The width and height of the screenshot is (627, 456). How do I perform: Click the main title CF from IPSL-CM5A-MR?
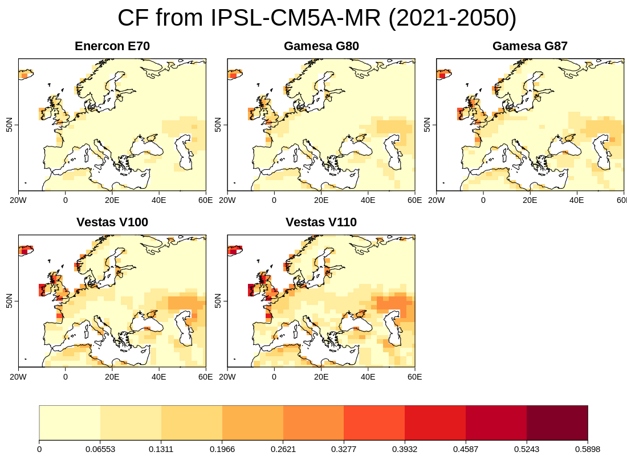pos(317,18)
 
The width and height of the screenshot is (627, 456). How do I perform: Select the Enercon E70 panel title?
pos(112,46)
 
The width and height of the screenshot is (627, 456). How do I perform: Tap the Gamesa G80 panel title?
pos(321,46)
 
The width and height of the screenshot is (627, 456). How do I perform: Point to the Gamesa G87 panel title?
pos(530,46)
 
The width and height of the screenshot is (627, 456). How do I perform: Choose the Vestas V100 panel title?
pos(112,222)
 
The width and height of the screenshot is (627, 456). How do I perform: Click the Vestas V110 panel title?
pos(321,222)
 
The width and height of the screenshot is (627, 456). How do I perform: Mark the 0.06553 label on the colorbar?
pos(100,449)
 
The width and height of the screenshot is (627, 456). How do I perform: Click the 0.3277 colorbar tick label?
pos(344,449)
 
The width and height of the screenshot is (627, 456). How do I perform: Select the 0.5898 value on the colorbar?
pos(588,449)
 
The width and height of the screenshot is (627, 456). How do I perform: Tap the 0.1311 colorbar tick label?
pos(161,449)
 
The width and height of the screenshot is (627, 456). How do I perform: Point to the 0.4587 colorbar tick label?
pos(466,449)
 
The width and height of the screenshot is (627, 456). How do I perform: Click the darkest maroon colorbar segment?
pos(557,422)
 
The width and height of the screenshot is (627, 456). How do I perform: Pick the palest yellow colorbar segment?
pos(70,422)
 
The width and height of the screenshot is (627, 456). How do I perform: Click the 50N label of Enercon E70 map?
pos(9,125)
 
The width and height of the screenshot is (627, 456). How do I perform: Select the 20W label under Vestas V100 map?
pos(19,377)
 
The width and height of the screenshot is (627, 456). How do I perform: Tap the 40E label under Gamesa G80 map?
pos(368,201)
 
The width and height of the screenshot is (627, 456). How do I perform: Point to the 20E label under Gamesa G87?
pos(530,201)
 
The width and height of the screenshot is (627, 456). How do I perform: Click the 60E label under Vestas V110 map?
pos(414,377)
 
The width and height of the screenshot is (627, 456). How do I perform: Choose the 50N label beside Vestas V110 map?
pos(218,301)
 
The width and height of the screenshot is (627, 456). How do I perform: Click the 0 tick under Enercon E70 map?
pos(66,201)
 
